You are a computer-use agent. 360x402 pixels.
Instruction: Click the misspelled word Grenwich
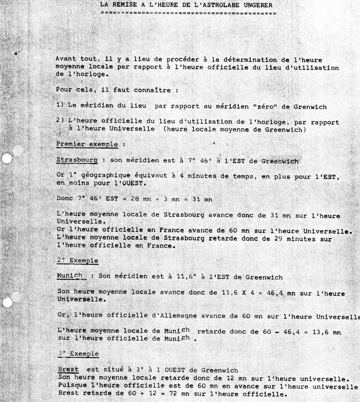[310, 107]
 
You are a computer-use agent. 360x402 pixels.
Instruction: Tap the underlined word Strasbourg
[77, 160]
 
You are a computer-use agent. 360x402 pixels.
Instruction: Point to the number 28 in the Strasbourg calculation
[134, 199]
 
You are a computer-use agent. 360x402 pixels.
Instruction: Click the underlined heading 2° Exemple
[78, 261]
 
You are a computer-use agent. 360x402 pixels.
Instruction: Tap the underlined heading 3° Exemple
[78, 354]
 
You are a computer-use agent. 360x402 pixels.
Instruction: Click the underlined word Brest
[68, 370]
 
